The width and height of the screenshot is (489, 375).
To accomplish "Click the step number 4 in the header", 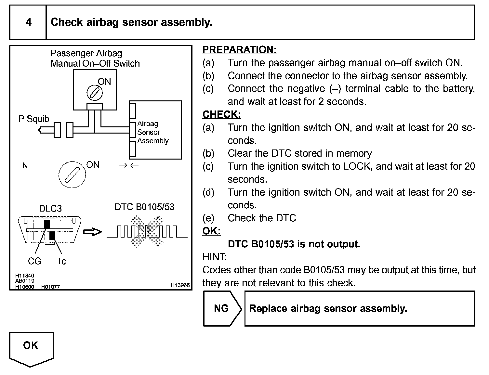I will click(29, 22).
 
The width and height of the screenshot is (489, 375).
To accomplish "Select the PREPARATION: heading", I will click(240, 50).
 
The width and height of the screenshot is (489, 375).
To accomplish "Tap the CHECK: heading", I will click(221, 115).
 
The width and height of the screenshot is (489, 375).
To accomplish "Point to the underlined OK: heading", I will click(211, 231).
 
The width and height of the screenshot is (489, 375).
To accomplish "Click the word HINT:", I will click(215, 257).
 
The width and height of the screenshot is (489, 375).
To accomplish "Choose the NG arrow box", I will click(222, 308).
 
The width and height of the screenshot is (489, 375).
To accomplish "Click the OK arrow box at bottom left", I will click(31, 348).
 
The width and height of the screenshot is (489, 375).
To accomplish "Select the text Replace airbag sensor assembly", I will click(328, 308).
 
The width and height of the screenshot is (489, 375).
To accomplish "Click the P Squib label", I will click(34, 119).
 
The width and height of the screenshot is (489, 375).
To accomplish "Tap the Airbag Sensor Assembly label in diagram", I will click(153, 132).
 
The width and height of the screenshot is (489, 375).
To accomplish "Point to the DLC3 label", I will click(50, 208).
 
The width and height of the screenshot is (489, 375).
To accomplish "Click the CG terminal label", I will click(34, 261).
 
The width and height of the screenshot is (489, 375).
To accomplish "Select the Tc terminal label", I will click(61, 261).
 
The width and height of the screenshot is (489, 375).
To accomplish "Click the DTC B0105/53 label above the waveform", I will click(144, 207).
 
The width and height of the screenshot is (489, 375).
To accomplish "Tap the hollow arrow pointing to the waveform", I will click(93, 232).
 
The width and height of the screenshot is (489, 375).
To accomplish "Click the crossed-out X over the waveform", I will click(147, 232).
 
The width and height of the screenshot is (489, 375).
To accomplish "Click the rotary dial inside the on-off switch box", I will click(95, 93).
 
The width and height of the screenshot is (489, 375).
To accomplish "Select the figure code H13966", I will click(180, 285).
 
